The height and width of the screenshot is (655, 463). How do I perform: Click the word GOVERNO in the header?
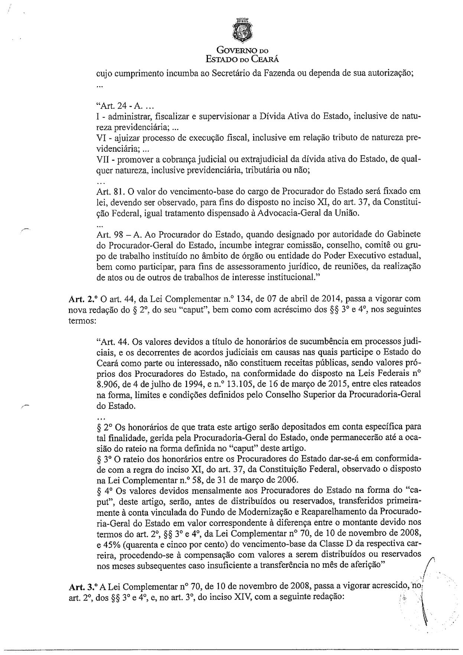[236, 50]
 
